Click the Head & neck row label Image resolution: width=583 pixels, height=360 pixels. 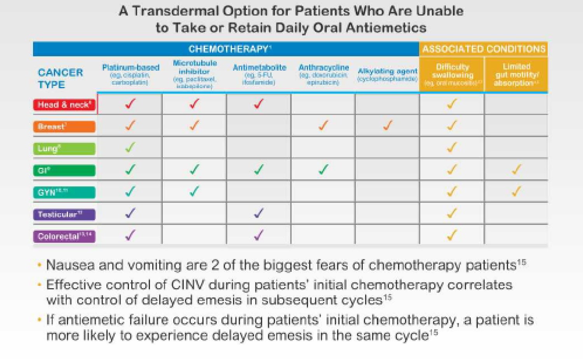coord(64,105)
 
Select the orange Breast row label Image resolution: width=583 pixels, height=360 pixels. coord(64,127)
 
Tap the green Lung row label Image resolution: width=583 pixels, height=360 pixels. coord(64,149)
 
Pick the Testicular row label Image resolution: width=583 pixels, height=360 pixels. coord(64,214)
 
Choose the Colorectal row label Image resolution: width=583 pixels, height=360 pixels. coord(64,236)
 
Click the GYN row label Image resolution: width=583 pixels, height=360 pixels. coord(64,192)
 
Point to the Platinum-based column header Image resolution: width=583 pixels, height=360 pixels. coord(131,74)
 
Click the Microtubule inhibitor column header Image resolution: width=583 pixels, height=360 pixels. coord(194,74)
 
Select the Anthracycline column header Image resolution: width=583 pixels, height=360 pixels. coord(323,74)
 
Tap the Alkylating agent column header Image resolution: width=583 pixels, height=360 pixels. coord(387,74)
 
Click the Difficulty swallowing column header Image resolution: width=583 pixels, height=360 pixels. coord(452,74)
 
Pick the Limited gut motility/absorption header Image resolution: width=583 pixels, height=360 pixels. coord(516,74)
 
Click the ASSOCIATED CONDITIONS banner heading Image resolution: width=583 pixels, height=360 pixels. coord(484,49)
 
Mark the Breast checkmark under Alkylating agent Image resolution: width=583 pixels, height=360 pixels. coord(387,125)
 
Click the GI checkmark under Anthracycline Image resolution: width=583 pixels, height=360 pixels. coord(323,169)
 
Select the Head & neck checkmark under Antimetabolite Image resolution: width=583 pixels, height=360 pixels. coord(259,104)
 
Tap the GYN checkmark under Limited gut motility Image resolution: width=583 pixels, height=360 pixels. coord(516,191)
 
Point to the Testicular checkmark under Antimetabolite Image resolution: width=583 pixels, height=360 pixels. coord(259,213)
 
